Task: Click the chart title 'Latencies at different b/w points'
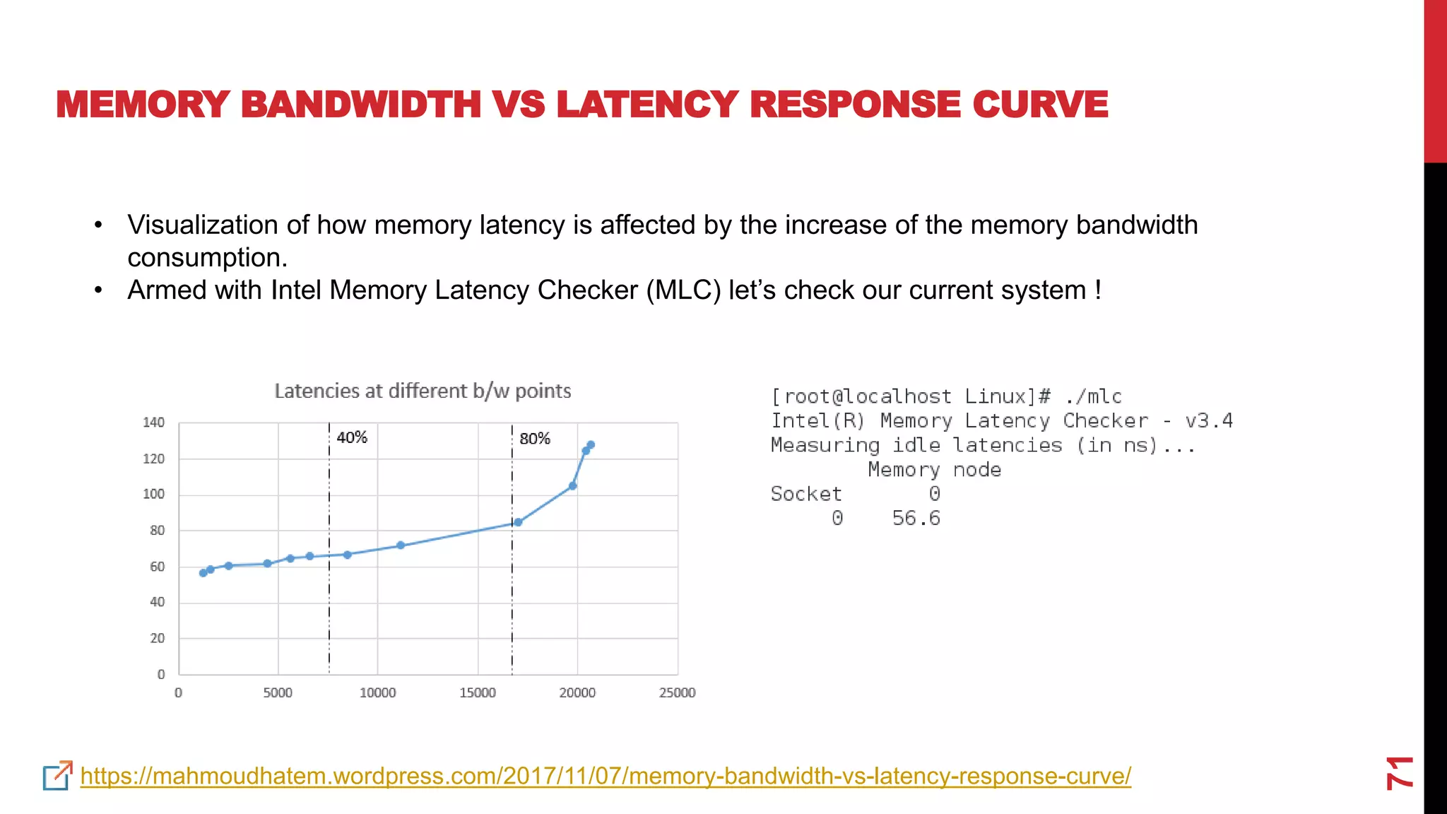pyautogui.click(x=423, y=391)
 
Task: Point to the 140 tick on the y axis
pyautogui.click(x=153, y=423)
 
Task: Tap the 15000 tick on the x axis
pyautogui.click(x=478, y=693)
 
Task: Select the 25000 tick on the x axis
pyautogui.click(x=677, y=693)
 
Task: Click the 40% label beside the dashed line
pyautogui.click(x=352, y=437)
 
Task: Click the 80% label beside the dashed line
pyautogui.click(x=535, y=439)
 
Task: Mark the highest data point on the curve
pyautogui.click(x=591, y=444)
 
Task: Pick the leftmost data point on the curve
pyautogui.click(x=203, y=573)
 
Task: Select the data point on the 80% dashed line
pyautogui.click(x=518, y=522)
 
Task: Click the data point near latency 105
pyautogui.click(x=572, y=486)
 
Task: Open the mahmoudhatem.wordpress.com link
pyautogui.click(x=606, y=776)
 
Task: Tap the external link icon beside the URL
pyautogui.click(x=57, y=776)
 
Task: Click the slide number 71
pyautogui.click(x=1399, y=772)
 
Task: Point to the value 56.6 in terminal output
pyautogui.click(x=916, y=518)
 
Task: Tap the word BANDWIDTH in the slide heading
pyautogui.click(x=361, y=105)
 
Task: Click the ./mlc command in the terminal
pyautogui.click(x=1094, y=396)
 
